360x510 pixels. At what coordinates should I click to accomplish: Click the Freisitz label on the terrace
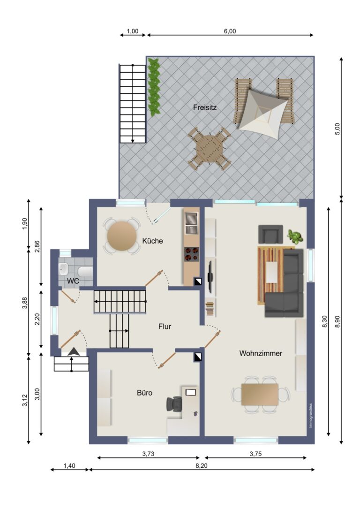(205, 107)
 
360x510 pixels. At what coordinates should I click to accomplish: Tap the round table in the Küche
(122, 236)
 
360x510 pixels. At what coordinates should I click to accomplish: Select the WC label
(73, 281)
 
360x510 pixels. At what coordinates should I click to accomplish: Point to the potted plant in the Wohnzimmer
(295, 236)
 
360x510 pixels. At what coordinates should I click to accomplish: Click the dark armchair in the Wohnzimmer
(270, 234)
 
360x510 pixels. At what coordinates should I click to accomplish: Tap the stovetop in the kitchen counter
(192, 254)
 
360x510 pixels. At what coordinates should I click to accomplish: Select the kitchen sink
(191, 223)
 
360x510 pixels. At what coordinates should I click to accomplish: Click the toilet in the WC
(85, 270)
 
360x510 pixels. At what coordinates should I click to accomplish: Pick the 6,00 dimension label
(230, 31)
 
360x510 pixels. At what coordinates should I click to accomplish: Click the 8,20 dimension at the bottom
(202, 465)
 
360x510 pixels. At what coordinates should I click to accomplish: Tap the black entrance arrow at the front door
(74, 351)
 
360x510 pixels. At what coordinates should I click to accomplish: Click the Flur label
(165, 327)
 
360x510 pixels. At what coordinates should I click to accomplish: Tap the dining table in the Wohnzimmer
(260, 395)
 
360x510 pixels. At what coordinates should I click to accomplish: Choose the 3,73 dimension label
(148, 454)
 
